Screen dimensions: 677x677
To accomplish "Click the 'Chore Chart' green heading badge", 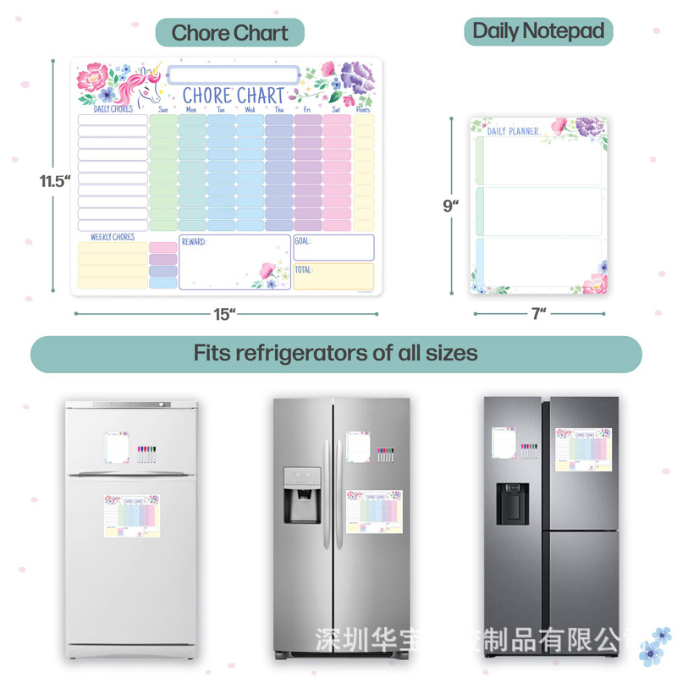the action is point(229,33).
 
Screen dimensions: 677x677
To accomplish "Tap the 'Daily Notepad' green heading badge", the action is point(538,31).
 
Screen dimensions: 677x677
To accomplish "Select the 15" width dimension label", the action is point(224,314).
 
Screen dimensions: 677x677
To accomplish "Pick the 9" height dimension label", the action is point(450,206).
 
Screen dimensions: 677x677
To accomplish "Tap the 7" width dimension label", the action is point(538,313).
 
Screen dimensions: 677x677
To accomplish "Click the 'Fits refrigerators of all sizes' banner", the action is point(336,353).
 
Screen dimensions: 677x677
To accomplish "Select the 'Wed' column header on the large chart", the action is point(250,109).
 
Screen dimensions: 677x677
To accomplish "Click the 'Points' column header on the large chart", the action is point(363,109).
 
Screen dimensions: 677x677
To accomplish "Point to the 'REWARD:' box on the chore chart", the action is point(234,261).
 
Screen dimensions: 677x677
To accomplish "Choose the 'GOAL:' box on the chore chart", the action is point(333,247).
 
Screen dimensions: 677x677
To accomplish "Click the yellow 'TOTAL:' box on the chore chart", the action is point(333,276).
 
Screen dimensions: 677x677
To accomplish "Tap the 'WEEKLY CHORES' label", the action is point(113,237).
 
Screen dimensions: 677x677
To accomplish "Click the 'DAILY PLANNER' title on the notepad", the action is point(514,130).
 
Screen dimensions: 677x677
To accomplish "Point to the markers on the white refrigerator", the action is point(146,451).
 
